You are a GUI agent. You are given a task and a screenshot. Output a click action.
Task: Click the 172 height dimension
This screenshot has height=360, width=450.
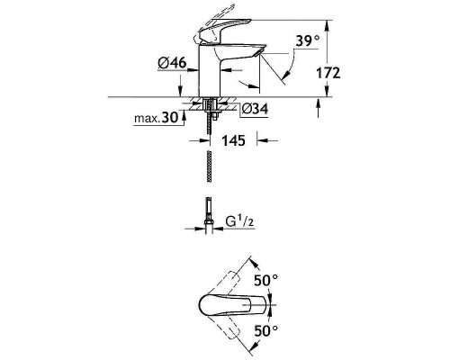pos(328,73)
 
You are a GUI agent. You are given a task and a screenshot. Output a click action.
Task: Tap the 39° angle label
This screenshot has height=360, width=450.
pos(308,40)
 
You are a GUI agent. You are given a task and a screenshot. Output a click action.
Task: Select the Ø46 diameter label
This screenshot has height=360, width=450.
pos(172,63)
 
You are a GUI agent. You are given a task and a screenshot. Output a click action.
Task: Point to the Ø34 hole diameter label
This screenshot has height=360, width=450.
pos(255,109)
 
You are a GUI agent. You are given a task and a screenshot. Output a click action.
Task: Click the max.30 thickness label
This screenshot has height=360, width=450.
pos(156,118)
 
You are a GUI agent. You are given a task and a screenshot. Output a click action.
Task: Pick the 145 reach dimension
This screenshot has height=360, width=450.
pos(233,140)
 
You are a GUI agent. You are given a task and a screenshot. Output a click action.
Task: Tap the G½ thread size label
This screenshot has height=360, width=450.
pos(239,222)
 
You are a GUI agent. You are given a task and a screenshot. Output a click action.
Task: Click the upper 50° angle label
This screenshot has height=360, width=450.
pos(266,281)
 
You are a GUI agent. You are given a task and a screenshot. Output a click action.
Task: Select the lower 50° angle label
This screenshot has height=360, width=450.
pos(266,331)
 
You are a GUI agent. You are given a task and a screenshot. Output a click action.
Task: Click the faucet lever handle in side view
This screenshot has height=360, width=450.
pos(222,30)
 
